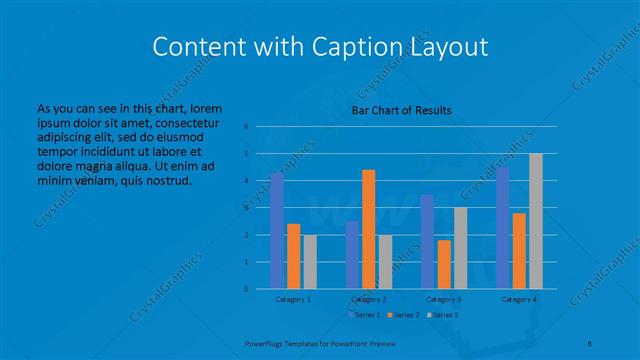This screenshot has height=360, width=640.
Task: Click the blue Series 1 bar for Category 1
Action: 277,231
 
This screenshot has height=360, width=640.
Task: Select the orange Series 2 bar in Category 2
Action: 368,229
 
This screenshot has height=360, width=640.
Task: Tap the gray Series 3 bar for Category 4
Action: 535,221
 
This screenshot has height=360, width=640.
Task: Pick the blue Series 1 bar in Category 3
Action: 427,241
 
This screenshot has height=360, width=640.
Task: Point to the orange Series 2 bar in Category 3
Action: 443,264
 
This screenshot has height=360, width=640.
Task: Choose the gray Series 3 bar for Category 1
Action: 309,261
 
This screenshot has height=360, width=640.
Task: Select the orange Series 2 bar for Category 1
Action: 293,256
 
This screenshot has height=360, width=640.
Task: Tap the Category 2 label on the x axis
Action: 369,299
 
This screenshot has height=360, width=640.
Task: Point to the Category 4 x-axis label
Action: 519,299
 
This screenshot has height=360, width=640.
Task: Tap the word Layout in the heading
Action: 448,46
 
